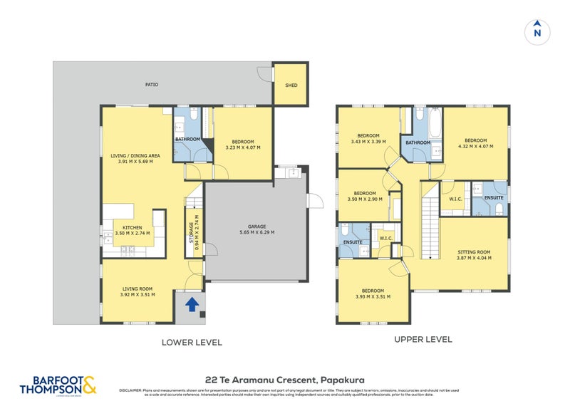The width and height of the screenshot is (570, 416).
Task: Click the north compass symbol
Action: pyautogui.click(x=537, y=31)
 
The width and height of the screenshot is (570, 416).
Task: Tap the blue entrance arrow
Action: pyautogui.click(x=191, y=305)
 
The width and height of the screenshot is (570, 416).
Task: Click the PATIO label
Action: pyautogui.click(x=152, y=85)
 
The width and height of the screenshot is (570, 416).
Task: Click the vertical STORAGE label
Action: pyautogui.click(x=191, y=233)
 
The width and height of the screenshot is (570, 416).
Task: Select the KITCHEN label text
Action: pyautogui.click(x=132, y=228)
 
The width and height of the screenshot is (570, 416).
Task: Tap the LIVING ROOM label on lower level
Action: pyautogui.click(x=138, y=288)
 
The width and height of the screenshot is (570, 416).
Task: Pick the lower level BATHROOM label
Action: pyautogui.click(x=188, y=139)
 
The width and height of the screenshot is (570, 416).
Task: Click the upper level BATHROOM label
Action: pyautogui.click(x=418, y=142)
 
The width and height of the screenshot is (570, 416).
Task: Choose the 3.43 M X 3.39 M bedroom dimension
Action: pyautogui.click(x=368, y=142)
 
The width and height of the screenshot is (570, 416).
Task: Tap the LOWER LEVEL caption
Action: pyautogui.click(x=192, y=343)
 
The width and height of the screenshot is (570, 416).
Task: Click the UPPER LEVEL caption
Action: pyautogui.click(x=423, y=340)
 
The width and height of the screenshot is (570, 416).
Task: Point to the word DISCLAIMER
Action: pyautogui.click(x=132, y=390)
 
